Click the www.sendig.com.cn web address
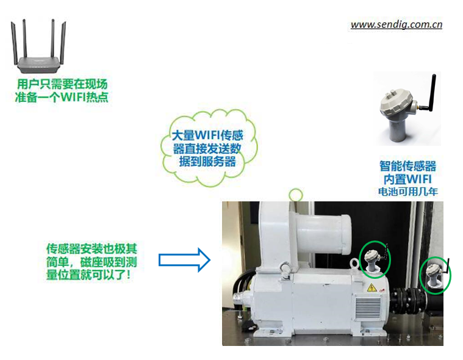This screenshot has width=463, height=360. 397,24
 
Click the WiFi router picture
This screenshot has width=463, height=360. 38,46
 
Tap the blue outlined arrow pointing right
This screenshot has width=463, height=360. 185,260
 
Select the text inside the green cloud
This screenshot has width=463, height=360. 207,148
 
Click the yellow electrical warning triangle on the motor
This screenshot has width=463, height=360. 371,287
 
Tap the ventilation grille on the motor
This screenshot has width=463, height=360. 368,309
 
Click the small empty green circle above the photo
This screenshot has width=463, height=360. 296,195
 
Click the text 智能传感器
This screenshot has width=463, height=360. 407,166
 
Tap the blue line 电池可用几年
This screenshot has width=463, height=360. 407,192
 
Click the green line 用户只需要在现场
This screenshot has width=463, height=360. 62,84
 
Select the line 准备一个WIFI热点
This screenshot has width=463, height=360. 62,97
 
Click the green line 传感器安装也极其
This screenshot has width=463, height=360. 92,249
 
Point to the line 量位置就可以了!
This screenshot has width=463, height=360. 88,275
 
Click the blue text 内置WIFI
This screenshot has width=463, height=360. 407,179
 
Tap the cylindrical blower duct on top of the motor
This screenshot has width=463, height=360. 322,233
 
